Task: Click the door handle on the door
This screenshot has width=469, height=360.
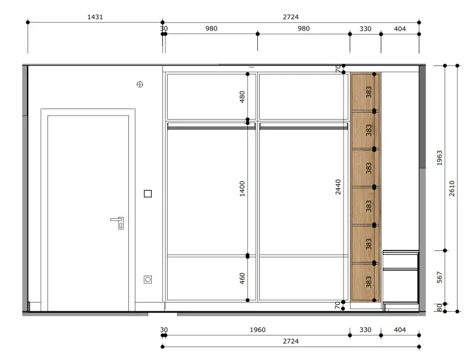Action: (118, 222)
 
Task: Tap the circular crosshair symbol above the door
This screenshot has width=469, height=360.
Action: (140, 84)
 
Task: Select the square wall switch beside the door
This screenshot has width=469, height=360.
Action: (148, 193)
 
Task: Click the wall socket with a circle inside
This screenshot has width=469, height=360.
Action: (148, 280)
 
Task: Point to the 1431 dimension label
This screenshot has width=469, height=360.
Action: (95, 17)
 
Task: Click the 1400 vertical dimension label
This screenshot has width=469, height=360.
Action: (242, 189)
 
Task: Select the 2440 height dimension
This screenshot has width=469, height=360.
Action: (338, 186)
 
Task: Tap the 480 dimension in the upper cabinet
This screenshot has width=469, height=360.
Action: (242, 97)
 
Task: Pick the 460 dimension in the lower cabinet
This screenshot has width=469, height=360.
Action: (242, 279)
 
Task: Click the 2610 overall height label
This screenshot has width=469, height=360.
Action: (451, 188)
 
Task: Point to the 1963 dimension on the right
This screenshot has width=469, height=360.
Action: (439, 158)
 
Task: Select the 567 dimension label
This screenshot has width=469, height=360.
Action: (439, 277)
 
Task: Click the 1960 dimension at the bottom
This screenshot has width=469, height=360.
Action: (257, 330)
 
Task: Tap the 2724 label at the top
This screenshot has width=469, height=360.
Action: (291, 17)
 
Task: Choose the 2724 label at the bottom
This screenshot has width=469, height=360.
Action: (291, 341)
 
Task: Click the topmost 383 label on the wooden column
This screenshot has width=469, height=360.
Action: (369, 92)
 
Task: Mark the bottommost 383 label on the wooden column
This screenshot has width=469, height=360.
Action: (369, 282)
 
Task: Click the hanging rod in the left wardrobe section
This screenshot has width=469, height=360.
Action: (211, 127)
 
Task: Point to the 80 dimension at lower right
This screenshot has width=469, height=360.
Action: (439, 308)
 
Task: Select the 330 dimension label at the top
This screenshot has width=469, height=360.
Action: (365, 29)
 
